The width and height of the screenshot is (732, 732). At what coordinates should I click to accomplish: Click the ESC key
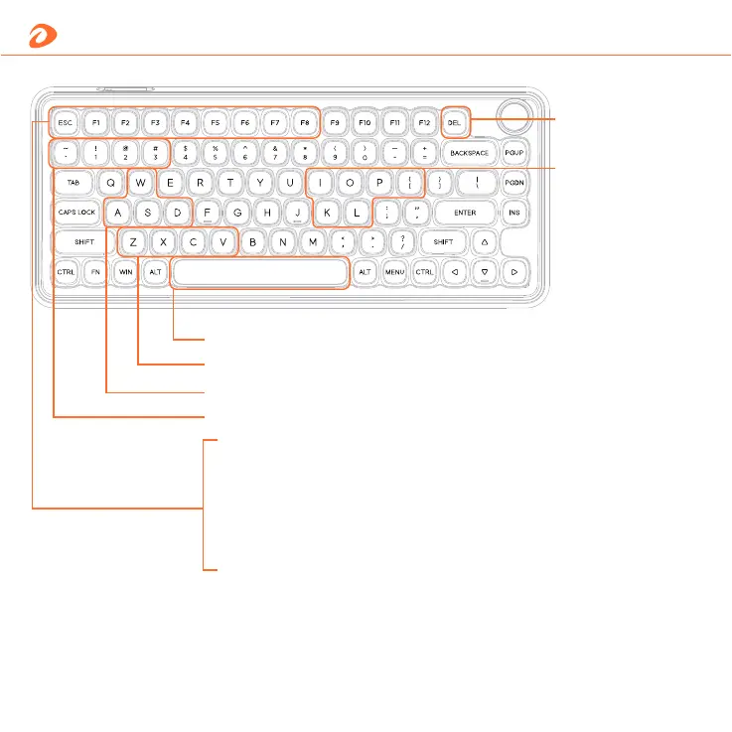point(66,123)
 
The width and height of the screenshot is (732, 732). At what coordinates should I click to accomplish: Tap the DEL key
point(455,123)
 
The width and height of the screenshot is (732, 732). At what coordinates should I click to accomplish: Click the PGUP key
point(514,154)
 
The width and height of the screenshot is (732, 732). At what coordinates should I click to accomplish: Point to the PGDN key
point(514,184)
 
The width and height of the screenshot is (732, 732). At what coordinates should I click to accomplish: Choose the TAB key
point(73,184)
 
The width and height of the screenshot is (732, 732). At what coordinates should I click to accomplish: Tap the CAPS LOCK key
point(77,213)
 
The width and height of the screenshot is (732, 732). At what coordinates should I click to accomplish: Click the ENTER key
point(465,213)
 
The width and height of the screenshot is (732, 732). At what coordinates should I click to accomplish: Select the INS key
point(514,213)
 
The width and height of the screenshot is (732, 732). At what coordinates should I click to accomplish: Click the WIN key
point(126,271)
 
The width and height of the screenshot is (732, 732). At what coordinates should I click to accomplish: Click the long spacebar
point(260,271)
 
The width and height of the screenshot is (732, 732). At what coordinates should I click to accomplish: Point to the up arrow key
point(484,242)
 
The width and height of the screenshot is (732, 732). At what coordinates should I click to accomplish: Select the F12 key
point(424,123)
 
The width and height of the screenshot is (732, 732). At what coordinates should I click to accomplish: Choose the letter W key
point(142,184)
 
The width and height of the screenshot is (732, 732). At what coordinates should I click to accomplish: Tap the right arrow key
point(514,271)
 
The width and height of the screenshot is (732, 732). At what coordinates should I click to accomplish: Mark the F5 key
point(215,123)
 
